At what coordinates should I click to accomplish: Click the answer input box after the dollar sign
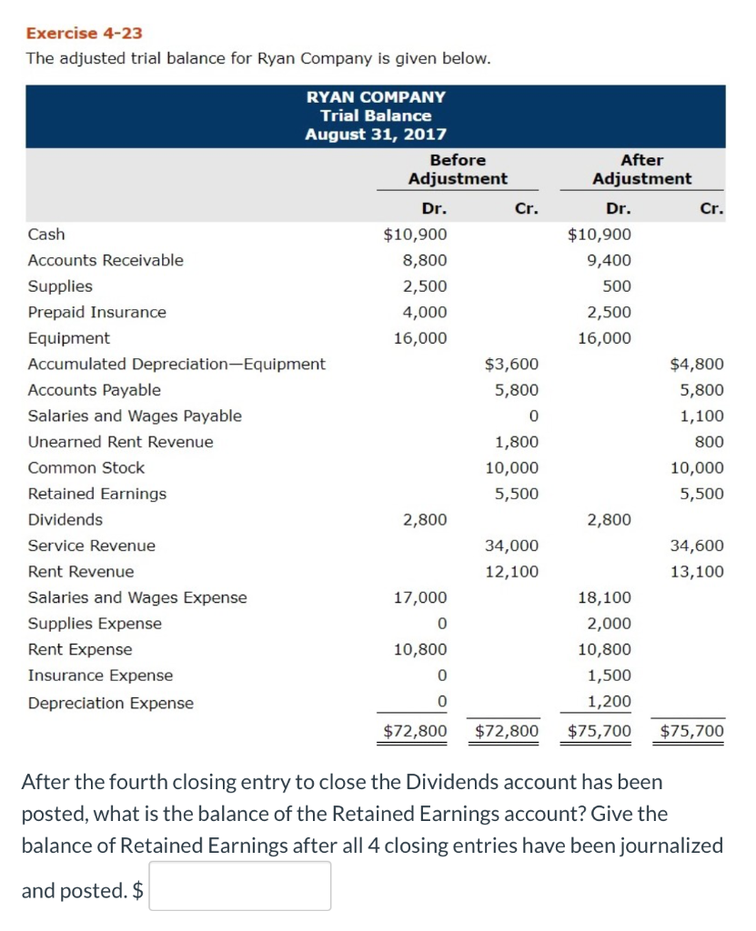click(240, 886)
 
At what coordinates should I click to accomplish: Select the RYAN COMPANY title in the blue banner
click(376, 96)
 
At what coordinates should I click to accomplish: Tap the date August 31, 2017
click(376, 135)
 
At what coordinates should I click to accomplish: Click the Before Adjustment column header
click(458, 169)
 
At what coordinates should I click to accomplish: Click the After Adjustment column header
click(641, 169)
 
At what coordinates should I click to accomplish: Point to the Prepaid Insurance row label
click(97, 312)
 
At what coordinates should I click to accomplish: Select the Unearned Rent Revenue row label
click(121, 442)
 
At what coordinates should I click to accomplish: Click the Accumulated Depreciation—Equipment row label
click(176, 364)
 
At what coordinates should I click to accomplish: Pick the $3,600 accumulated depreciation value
click(511, 365)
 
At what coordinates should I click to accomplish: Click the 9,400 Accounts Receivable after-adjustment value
click(609, 260)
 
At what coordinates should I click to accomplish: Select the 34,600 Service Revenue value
click(697, 546)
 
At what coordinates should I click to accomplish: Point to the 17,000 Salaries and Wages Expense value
click(419, 597)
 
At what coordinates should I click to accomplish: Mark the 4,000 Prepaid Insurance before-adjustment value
click(425, 312)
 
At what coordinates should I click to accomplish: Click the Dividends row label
click(66, 520)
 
